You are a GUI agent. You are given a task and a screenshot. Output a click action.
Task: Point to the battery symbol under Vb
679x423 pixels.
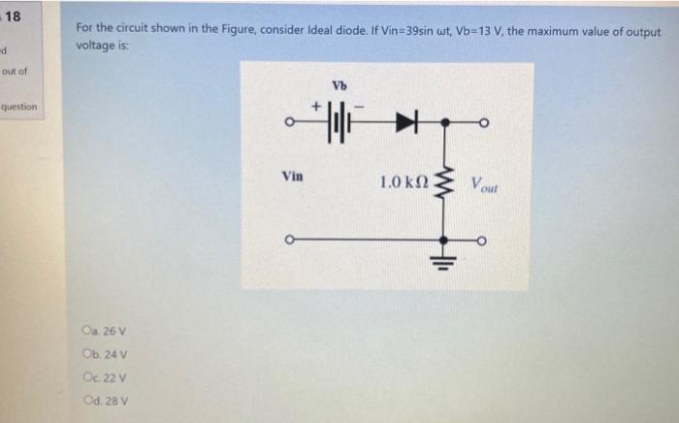[339, 124]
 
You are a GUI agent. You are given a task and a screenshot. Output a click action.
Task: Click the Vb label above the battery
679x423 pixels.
[339, 85]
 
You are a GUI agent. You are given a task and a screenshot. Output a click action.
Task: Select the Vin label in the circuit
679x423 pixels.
[292, 177]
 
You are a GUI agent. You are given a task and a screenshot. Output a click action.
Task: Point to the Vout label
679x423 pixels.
[486, 182]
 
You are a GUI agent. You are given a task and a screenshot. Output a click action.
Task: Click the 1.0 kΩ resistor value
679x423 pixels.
[404, 182]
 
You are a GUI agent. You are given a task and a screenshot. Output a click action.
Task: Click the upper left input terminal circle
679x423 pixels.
[287, 124]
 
